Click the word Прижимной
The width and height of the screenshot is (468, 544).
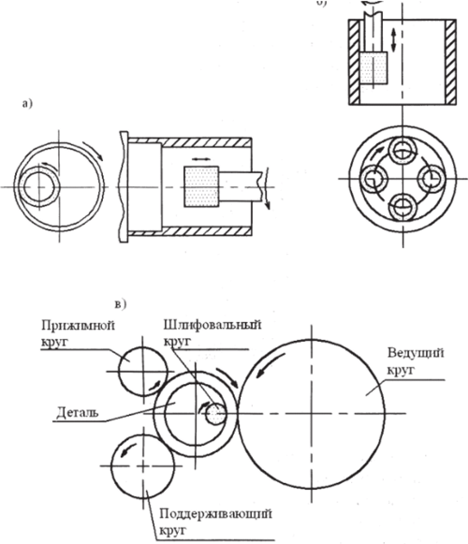coord(78,326)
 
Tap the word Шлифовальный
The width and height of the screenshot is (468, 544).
coord(212,326)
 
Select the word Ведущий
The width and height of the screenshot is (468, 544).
coord(416,354)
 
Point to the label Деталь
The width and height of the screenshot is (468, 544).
coord(78,412)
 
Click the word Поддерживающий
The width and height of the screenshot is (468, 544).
coord(215,514)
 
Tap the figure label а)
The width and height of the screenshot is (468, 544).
coord(27,103)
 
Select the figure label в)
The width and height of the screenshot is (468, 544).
coord(121,304)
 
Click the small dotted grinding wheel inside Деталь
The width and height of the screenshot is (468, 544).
coord(215,414)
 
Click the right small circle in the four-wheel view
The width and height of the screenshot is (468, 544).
coord(431,179)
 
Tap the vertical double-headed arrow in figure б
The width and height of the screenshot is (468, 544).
coord(393,40)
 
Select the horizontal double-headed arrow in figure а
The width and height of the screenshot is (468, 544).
coord(201,159)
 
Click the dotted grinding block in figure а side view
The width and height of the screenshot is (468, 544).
coord(201,187)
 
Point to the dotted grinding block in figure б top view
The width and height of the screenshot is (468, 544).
coord(373,67)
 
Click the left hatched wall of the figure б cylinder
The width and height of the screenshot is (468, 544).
coord(355,62)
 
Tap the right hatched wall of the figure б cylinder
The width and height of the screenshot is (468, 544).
coord(450,62)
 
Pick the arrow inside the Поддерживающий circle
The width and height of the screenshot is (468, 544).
coord(126,450)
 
